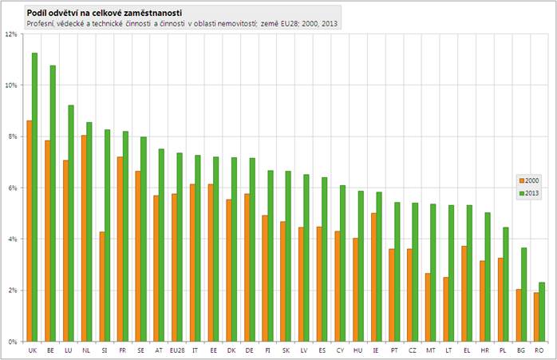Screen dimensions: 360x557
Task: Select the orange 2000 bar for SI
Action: pos(103,287)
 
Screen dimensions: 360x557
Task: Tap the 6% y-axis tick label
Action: pos(13,188)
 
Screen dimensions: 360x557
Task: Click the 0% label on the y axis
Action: pos(13,342)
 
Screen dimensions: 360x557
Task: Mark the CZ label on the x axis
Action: pos(413,350)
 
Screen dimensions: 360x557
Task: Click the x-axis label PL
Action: pos(503,350)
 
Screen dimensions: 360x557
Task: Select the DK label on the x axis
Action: pos(231,350)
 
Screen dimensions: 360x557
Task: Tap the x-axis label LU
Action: pos(69,350)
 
